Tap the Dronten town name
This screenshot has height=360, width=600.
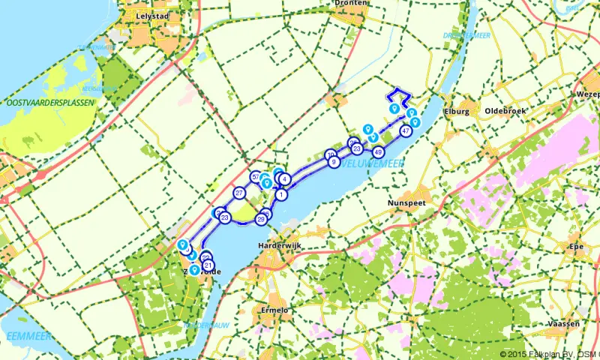pos(350,3)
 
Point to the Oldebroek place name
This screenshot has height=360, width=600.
pos(506,111)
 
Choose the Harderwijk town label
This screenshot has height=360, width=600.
pos(279,246)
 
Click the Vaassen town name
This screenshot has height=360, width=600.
pos(563,323)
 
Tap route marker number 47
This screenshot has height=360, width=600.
pos(406,130)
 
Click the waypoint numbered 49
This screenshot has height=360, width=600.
pos(378,152)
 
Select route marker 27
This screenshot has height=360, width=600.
pos(239,193)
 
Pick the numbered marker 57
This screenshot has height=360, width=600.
pos(256,177)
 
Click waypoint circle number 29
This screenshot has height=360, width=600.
pos(261,219)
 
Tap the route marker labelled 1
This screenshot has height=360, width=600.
pos(280,194)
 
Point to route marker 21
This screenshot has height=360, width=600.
pos(208,264)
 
